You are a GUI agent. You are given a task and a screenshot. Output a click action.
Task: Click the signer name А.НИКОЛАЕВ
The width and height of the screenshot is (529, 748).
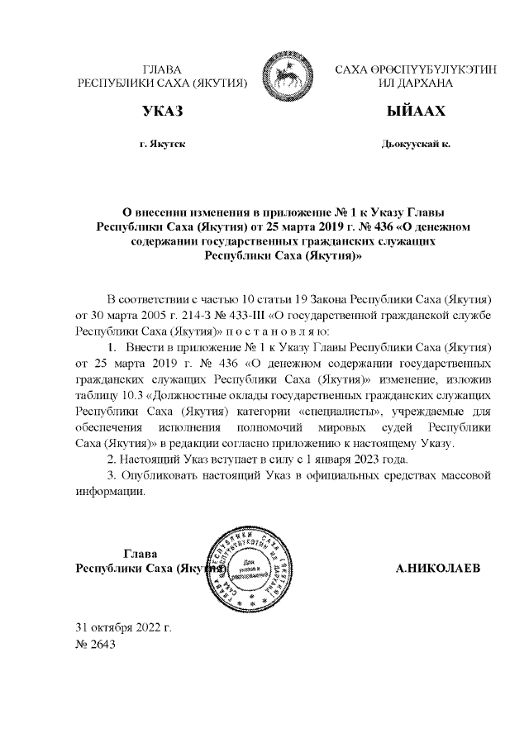(x=438, y=569)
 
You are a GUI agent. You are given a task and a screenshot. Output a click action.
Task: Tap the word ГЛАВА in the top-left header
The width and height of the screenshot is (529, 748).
(x=162, y=70)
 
